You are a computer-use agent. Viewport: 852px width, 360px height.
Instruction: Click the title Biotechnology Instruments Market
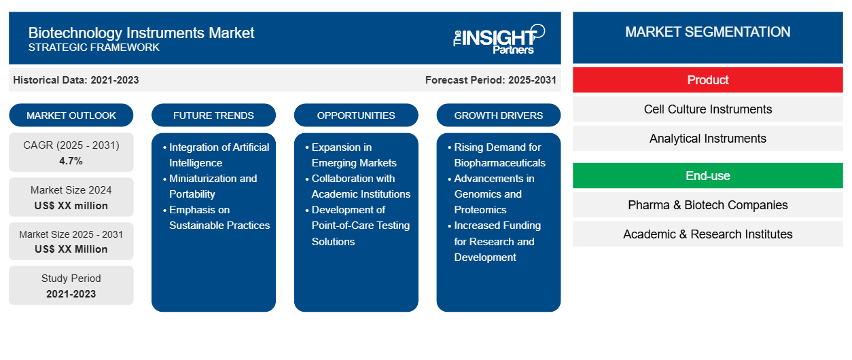tap(141, 32)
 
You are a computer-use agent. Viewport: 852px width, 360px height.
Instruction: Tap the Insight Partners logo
tap(499, 39)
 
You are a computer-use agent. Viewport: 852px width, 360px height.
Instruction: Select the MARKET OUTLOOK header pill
tap(71, 115)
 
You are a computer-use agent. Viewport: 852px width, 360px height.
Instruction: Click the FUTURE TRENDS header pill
tap(213, 115)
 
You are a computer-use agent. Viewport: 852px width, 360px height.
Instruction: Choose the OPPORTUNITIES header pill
tap(356, 115)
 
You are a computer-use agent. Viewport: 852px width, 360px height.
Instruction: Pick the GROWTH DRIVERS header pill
tap(499, 115)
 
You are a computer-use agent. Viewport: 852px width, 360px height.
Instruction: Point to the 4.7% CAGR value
tap(71, 161)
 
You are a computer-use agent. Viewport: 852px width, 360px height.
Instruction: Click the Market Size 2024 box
tap(71, 197)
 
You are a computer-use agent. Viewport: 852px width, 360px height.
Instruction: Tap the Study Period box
tap(71, 285)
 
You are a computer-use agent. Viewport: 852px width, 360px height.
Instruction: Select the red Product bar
tap(707, 80)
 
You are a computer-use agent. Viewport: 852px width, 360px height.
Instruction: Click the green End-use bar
tap(707, 176)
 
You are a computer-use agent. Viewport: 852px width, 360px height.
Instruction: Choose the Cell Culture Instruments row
tap(707, 109)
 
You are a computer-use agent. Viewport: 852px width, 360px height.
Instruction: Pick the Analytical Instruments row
tap(707, 139)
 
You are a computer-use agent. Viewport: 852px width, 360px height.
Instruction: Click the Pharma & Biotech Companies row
tap(707, 205)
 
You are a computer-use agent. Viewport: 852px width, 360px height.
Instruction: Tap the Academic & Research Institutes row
tap(707, 234)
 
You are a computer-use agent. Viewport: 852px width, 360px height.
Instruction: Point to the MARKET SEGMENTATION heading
tap(707, 32)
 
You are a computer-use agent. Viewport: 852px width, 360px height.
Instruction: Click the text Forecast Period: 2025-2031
tap(491, 80)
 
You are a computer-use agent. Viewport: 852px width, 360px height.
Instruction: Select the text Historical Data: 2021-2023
tap(76, 80)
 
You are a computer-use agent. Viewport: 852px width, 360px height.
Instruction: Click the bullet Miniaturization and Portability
tap(213, 186)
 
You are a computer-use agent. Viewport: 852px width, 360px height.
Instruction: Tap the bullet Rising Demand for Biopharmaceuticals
tap(499, 155)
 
